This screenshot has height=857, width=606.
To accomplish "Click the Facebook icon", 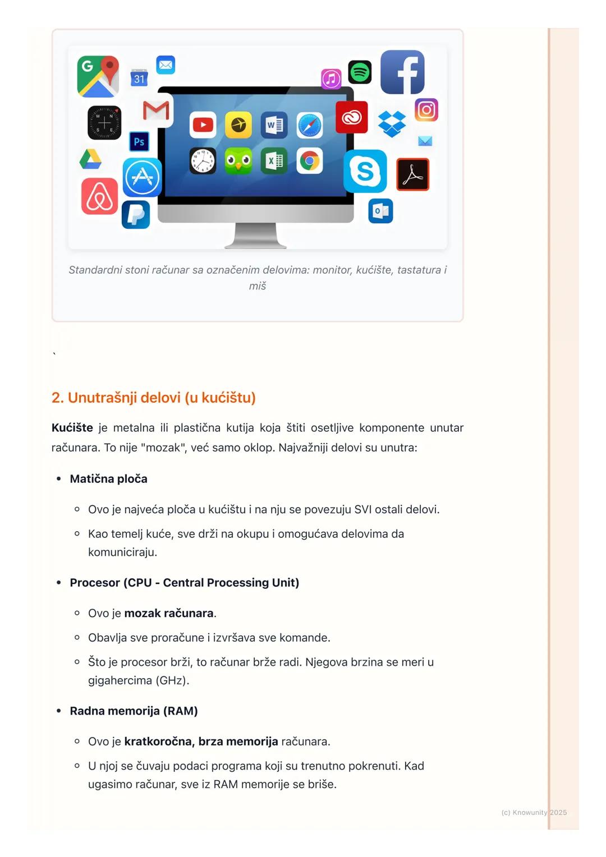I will point(402,72).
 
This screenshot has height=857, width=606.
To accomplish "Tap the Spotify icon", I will point(360,72).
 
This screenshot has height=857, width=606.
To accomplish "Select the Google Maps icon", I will point(98,76).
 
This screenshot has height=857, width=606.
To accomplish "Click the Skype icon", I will point(365,171).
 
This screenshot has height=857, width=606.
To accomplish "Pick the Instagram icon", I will point(426,110).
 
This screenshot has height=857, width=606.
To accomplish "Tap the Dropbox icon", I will point(392,123).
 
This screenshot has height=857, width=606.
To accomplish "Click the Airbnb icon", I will point(100,196).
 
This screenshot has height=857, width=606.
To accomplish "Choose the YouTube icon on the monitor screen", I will point(203,125).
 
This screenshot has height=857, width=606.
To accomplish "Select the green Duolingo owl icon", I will point(238,162).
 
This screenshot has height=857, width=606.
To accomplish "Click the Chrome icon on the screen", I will point(309,162).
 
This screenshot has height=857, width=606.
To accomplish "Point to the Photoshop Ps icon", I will point(139,141).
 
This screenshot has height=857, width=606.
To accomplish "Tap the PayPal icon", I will point(136,214).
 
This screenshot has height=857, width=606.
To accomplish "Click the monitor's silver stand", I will point(256,236).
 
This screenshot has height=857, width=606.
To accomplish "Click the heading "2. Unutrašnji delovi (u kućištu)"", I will point(153,398).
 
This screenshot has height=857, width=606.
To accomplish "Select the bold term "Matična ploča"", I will point(108,479).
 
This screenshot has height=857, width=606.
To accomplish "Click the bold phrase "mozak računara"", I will point(168,613).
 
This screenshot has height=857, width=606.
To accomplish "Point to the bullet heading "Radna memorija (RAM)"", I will point(134,711).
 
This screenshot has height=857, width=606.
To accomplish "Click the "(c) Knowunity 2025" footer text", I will point(534,812).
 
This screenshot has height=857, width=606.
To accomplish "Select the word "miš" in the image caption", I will point(258,286).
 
